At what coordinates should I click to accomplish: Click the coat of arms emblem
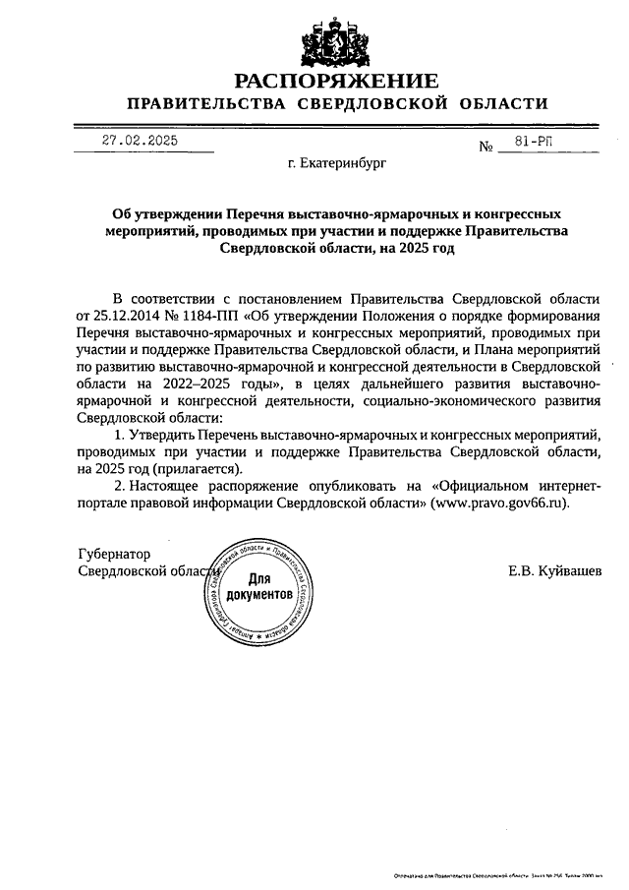336,39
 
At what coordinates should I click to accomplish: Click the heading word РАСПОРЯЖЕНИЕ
336,81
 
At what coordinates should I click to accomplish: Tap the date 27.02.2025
141,141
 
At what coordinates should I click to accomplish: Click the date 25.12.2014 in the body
126,316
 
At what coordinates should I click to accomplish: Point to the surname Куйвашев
569,571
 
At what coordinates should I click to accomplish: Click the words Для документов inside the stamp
258,588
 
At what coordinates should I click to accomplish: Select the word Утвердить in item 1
164,435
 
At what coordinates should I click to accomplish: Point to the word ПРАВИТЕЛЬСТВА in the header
201,104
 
